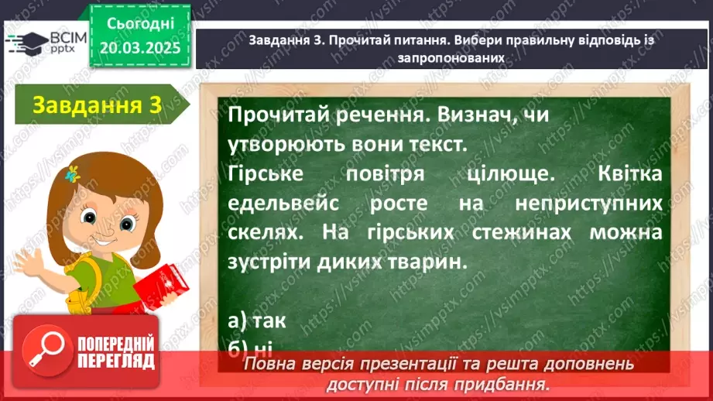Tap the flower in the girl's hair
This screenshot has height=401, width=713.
74,173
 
